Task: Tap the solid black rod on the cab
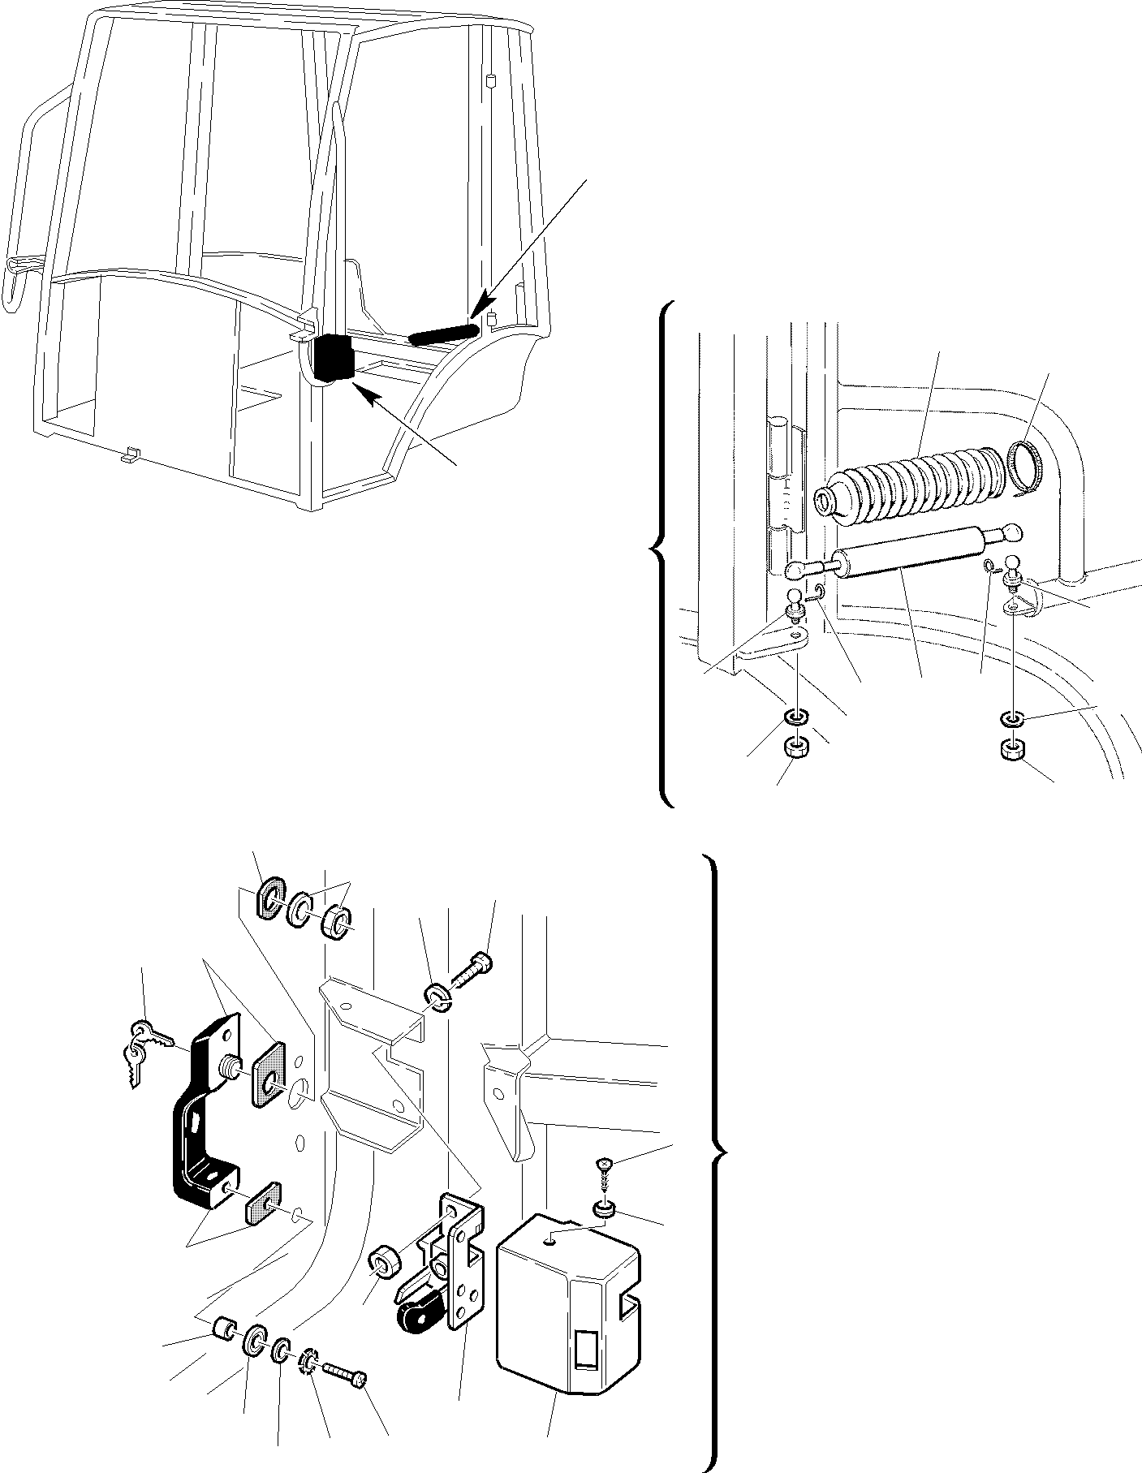[442, 333]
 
